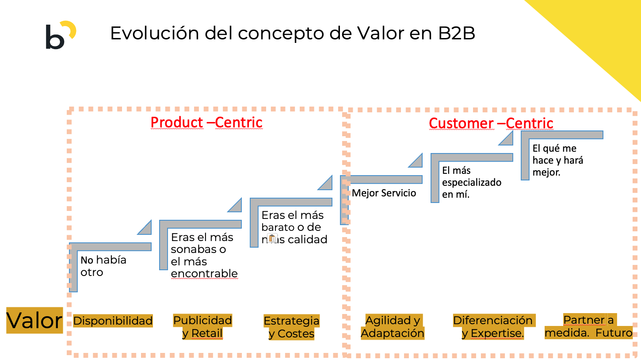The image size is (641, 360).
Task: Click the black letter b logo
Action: (x=55, y=38)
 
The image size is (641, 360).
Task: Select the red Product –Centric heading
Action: (x=206, y=123)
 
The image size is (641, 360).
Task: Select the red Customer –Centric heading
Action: (x=491, y=123)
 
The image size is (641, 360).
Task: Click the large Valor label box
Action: (x=34, y=320)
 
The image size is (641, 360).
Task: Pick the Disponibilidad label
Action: (x=113, y=321)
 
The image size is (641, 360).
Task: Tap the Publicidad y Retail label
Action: (x=202, y=327)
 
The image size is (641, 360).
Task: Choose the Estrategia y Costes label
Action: (x=291, y=327)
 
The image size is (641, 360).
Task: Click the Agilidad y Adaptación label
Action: (x=393, y=327)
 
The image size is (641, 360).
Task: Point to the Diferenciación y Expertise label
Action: (x=493, y=327)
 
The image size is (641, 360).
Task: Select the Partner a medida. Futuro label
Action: (x=588, y=326)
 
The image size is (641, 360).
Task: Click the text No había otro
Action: (x=103, y=266)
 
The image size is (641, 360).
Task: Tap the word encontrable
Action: (x=204, y=274)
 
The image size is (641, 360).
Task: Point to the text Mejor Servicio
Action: (x=384, y=193)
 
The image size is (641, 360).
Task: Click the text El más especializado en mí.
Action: (x=471, y=182)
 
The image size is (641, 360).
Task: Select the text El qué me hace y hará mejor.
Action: (x=557, y=160)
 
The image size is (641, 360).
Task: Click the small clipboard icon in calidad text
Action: (x=272, y=239)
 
